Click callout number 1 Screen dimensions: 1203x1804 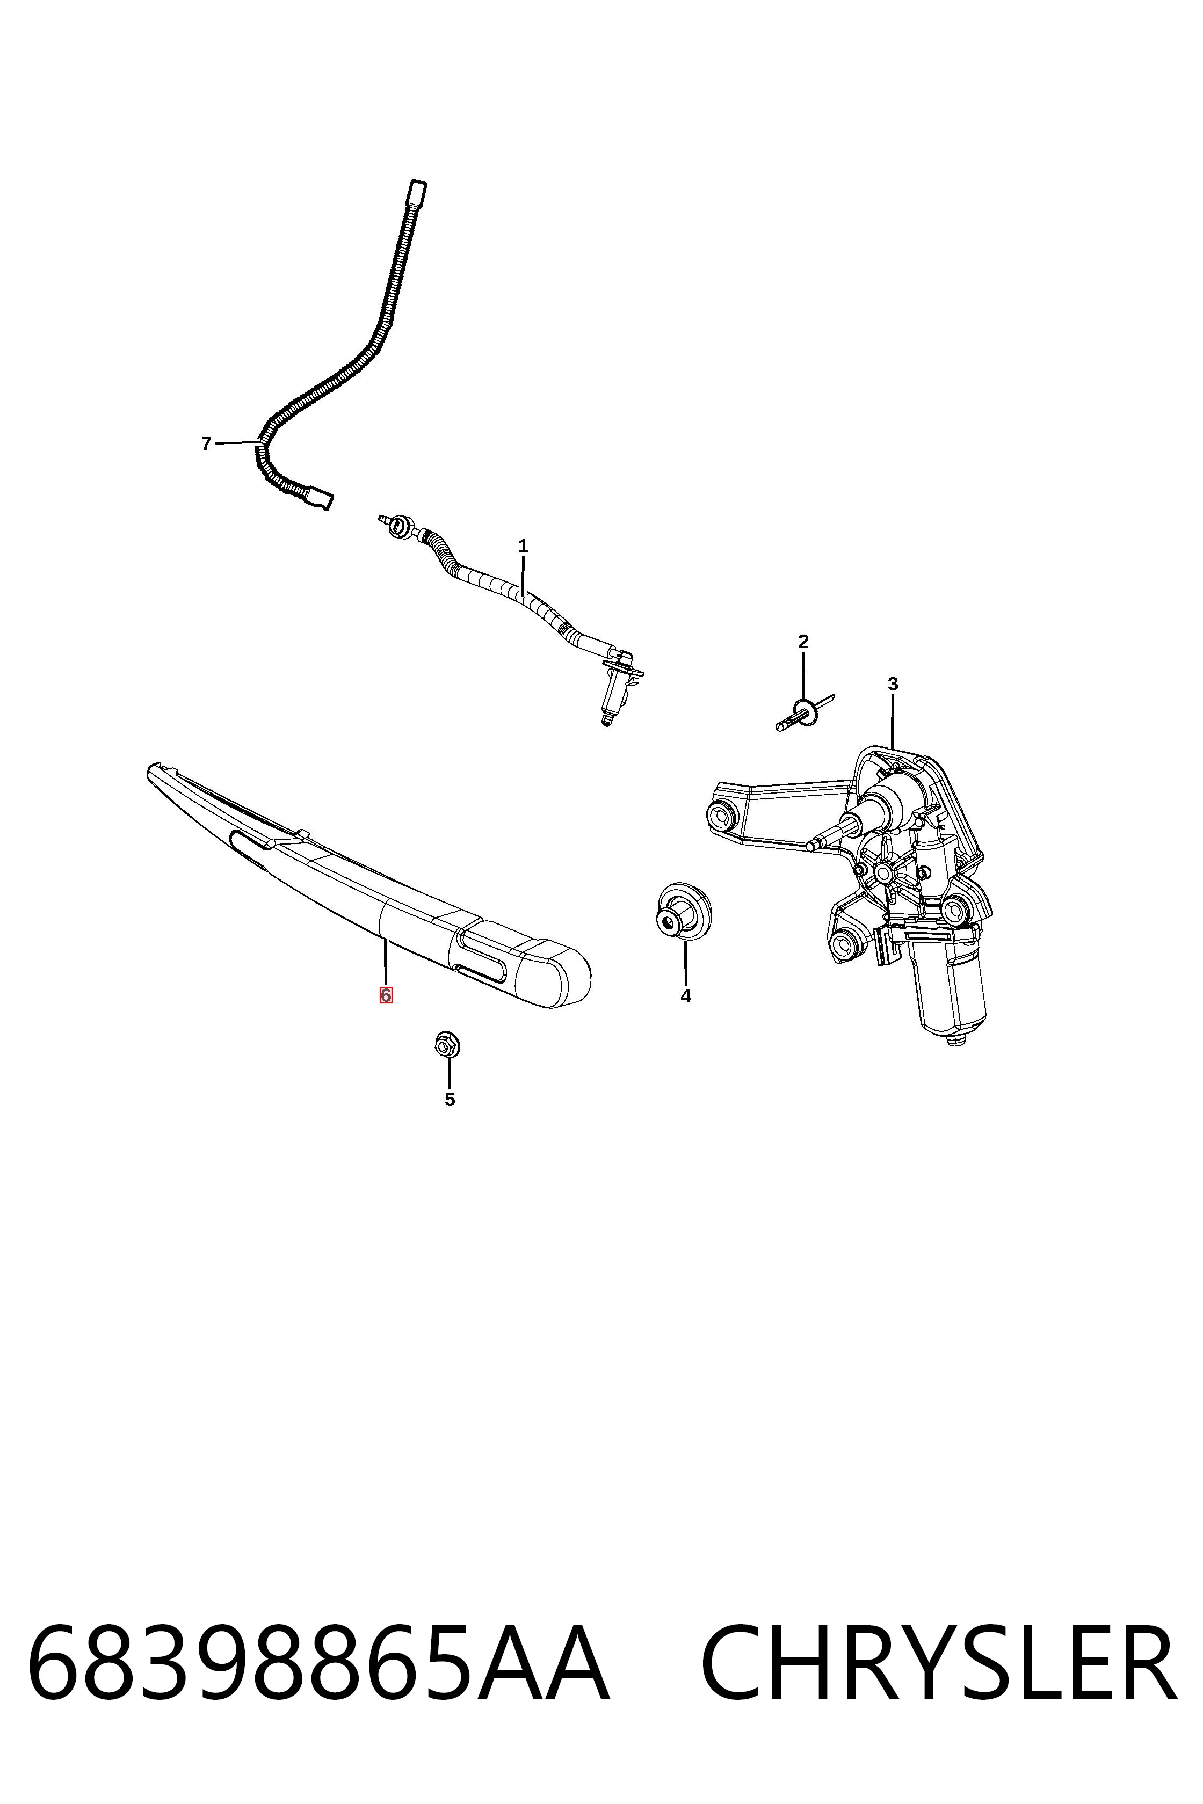click(x=523, y=547)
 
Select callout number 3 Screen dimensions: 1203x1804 click(x=892, y=683)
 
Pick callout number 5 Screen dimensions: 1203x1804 click(x=450, y=1099)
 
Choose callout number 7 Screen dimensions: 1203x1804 click(x=206, y=443)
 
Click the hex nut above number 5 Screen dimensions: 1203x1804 click(x=446, y=1045)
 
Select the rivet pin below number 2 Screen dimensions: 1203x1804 click(x=804, y=714)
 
